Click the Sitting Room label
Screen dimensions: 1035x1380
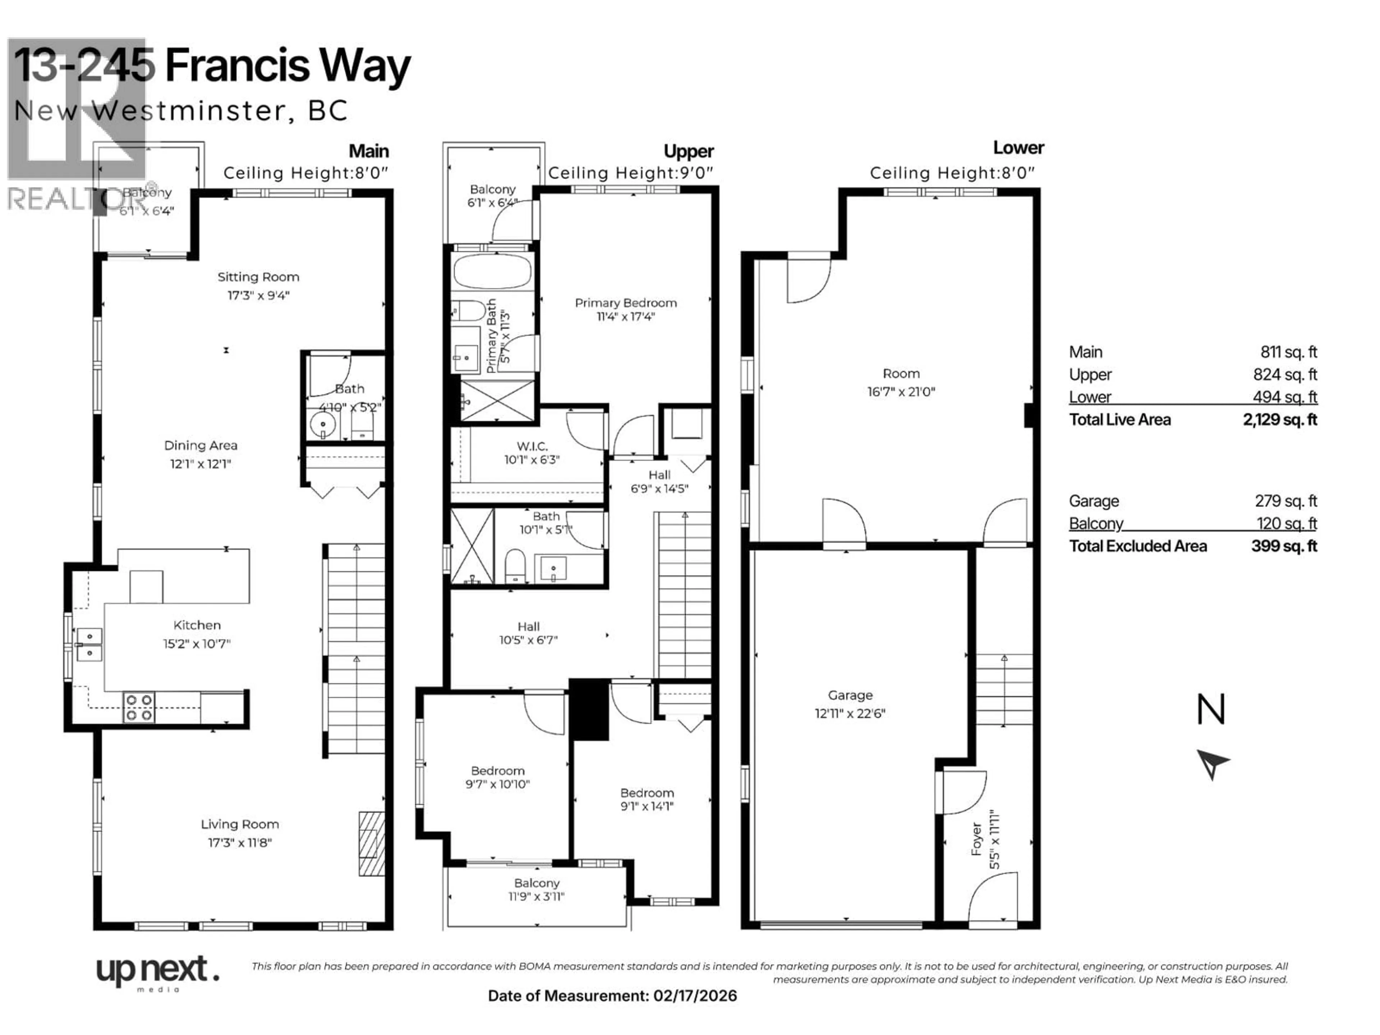(x=258, y=277)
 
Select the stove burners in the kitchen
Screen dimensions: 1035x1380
(x=139, y=708)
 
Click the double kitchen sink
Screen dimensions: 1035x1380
(x=89, y=644)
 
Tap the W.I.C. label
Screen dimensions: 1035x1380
(x=532, y=446)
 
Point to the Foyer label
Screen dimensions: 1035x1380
(x=977, y=839)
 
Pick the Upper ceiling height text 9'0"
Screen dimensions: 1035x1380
(x=697, y=173)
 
